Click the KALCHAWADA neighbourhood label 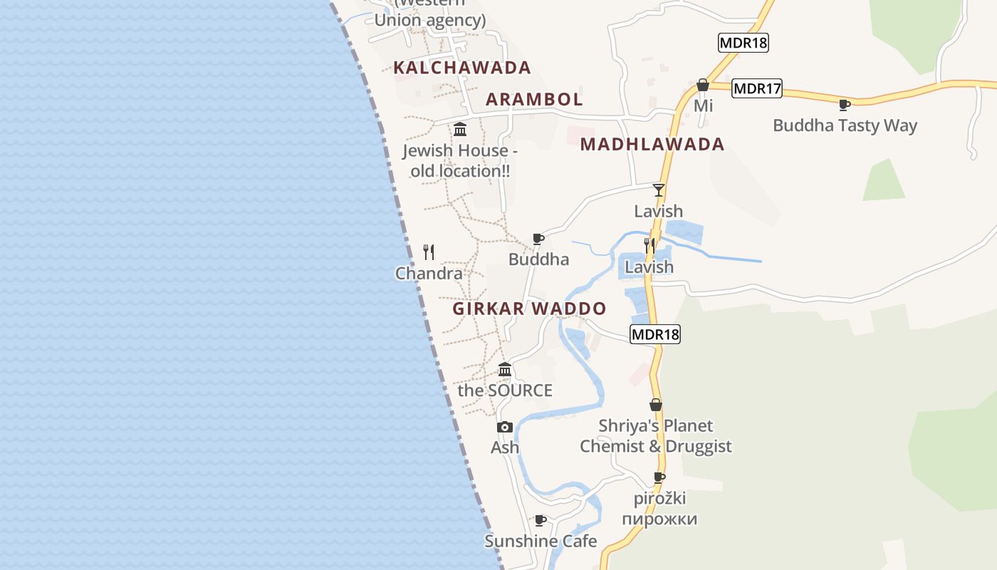click(x=462, y=68)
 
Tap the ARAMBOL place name click(x=534, y=99)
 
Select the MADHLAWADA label click(x=652, y=144)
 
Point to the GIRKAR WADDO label click(x=529, y=309)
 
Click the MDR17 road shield click(x=757, y=89)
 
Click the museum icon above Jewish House click(x=460, y=130)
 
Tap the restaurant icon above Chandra click(x=429, y=252)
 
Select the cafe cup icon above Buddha click(x=538, y=239)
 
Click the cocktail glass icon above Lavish click(x=659, y=190)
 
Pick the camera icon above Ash click(x=505, y=427)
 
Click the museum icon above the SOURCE click(x=505, y=369)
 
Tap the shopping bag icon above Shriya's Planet click(x=656, y=405)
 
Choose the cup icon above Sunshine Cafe click(x=541, y=520)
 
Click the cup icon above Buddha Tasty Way click(x=845, y=105)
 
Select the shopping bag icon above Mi click(x=703, y=85)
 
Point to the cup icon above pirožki click(x=659, y=477)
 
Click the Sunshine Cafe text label click(x=541, y=541)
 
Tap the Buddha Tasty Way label click(x=845, y=125)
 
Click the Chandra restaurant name click(x=429, y=273)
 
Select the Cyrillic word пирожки click(x=659, y=519)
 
